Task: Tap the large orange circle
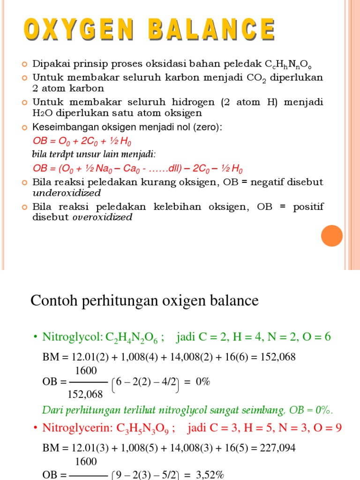pos(331,235)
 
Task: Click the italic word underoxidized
pos(67,193)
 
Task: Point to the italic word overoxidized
pos(102,217)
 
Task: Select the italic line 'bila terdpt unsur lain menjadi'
pos(94,154)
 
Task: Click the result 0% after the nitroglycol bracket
pos(202,382)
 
